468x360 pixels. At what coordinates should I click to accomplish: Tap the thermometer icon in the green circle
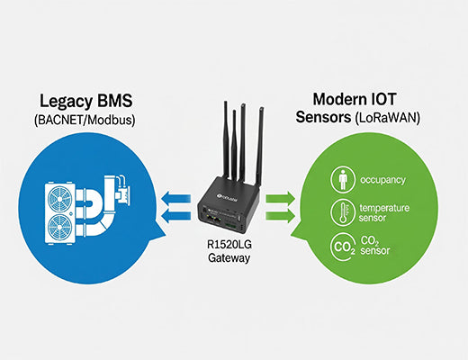coord(345,212)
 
